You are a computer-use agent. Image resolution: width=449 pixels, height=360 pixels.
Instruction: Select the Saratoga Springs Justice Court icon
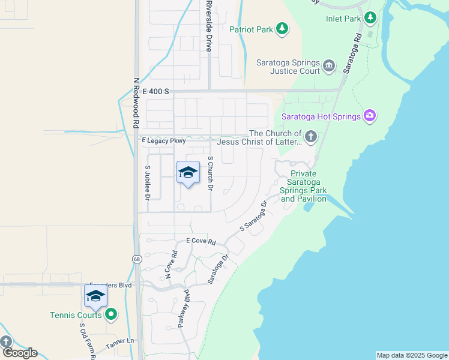click(328, 65)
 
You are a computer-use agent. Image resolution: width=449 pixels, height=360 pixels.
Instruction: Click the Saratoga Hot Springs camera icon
click(370, 116)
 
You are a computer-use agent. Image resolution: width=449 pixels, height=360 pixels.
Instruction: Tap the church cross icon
click(310, 137)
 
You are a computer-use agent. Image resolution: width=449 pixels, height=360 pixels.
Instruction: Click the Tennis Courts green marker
click(110, 314)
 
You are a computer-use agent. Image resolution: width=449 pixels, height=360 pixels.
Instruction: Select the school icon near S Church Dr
click(188, 173)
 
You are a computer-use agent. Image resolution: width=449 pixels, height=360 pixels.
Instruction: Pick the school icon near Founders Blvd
click(95, 296)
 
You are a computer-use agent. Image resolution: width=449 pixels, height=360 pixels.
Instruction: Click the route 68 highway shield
click(137, 259)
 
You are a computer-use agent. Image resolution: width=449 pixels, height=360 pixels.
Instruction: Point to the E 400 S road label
click(157, 91)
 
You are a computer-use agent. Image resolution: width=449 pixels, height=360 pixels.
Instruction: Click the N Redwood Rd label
click(136, 103)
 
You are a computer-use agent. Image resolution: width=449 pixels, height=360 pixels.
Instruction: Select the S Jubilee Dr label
click(147, 182)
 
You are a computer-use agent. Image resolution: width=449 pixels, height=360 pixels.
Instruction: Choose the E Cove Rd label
click(200, 241)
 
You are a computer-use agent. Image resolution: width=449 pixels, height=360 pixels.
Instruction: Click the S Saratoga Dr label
click(253, 217)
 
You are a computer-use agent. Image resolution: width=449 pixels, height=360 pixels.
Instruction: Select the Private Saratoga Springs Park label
click(304, 186)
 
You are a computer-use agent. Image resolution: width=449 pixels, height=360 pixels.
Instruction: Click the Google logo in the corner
click(19, 352)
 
